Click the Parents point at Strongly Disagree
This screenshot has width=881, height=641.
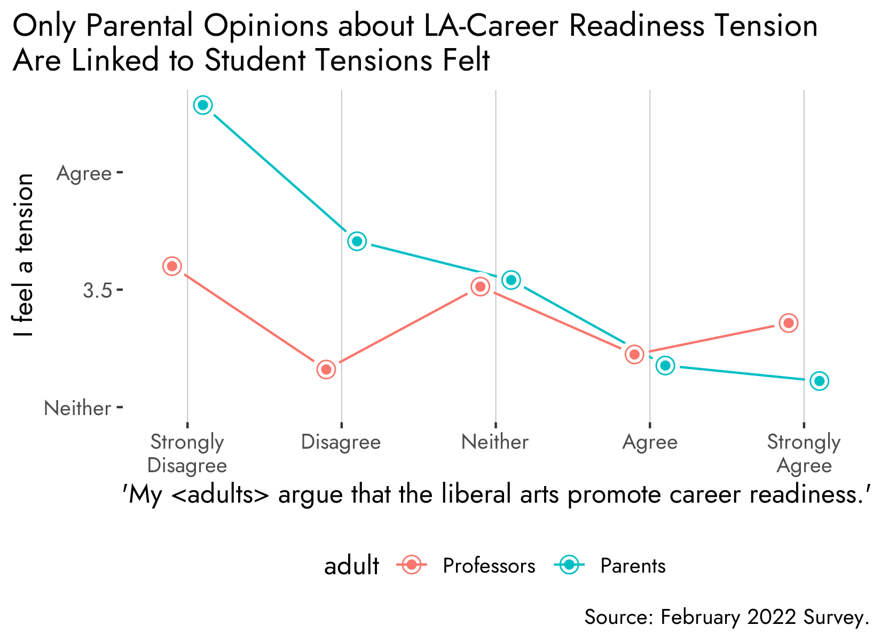(x=203, y=105)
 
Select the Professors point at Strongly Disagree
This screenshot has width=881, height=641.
(x=172, y=266)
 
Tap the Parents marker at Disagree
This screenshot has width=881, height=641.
(x=357, y=241)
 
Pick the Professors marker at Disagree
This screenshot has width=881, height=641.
(x=326, y=369)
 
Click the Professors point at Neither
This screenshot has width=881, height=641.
(x=481, y=287)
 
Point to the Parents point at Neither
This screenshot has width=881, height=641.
(x=512, y=280)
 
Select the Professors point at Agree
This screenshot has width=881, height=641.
(x=634, y=354)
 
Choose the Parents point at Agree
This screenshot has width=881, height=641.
(x=665, y=365)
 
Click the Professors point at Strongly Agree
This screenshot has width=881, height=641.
(x=789, y=323)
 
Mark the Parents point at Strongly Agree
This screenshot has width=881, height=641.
(x=819, y=381)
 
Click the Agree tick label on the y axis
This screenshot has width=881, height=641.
(x=84, y=174)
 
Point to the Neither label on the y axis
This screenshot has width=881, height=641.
(x=77, y=409)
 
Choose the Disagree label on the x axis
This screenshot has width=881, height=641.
(x=341, y=442)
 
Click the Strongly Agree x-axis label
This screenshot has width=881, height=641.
(x=804, y=454)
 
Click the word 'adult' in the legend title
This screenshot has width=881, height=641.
(x=351, y=566)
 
